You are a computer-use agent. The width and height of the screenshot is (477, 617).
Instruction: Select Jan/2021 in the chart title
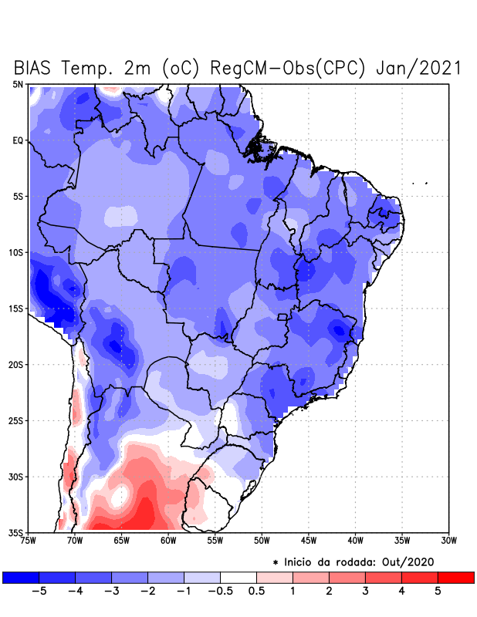pyautogui.click(x=419, y=68)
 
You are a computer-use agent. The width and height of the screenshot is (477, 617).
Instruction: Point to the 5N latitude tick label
pyautogui.click(x=18, y=84)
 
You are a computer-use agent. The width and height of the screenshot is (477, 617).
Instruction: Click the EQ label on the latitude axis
pyautogui.click(x=18, y=140)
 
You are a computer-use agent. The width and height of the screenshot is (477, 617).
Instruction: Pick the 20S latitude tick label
pyautogui.click(x=16, y=364)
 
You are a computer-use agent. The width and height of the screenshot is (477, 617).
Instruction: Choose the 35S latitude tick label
pyautogui.click(x=16, y=532)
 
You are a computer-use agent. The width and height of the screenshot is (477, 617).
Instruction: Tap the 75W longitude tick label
pyautogui.click(x=29, y=541)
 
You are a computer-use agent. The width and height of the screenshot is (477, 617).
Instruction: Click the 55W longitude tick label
pyautogui.click(x=215, y=541)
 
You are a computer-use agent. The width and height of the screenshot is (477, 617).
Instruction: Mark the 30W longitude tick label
pyautogui.click(x=449, y=541)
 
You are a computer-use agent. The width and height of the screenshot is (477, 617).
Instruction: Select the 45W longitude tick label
pyautogui.click(x=309, y=541)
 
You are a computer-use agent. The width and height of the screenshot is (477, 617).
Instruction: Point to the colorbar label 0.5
pyautogui.click(x=256, y=592)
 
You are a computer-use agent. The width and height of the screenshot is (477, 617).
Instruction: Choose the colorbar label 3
pyautogui.click(x=365, y=592)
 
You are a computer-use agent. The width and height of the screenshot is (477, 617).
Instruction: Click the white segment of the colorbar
pyautogui.click(x=238, y=577)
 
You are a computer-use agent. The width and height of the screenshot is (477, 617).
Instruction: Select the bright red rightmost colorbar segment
pyautogui.click(x=455, y=577)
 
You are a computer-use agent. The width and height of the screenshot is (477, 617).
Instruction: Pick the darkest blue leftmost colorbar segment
pyautogui.click(x=21, y=577)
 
